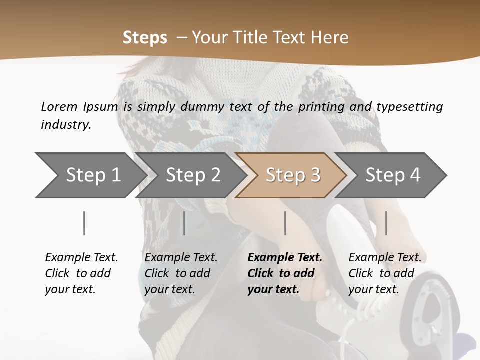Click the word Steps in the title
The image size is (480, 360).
tap(145, 38)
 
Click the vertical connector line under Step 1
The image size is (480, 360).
tap(84, 223)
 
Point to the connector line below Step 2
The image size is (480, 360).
tap(184, 223)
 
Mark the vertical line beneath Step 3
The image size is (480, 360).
tap(285, 223)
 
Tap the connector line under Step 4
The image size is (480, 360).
tap(386, 223)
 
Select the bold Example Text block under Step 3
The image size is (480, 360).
tap(285, 273)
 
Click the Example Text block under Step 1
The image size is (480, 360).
tap(81, 273)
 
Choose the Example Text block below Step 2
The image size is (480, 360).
tap(181, 273)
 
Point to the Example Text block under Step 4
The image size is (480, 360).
tap(385, 273)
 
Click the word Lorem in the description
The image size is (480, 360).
tap(59, 107)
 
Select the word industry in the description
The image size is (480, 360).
tap(66, 125)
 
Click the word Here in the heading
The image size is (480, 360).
tap(330, 38)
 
